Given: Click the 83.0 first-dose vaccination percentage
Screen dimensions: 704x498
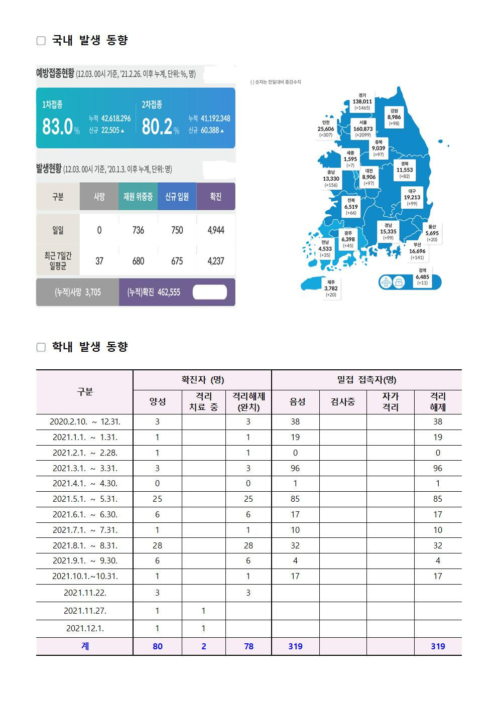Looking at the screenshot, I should click(x=58, y=127).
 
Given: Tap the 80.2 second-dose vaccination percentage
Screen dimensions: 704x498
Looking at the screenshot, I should click(x=157, y=127).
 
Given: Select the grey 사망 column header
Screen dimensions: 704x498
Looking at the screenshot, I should click(x=99, y=197).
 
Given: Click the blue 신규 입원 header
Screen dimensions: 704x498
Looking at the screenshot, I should click(x=177, y=197).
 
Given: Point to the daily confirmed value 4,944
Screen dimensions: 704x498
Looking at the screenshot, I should click(x=215, y=230).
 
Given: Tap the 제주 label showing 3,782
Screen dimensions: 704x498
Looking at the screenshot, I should click(x=331, y=289).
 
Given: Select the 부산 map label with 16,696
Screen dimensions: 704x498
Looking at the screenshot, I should click(x=417, y=251).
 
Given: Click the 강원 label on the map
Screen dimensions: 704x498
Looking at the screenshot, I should click(x=394, y=117).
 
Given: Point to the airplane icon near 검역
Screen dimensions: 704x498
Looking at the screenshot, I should click(x=386, y=282).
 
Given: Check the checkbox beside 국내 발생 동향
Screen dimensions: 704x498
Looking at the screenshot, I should click(x=41, y=41).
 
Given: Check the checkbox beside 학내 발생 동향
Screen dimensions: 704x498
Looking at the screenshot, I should click(x=41, y=347).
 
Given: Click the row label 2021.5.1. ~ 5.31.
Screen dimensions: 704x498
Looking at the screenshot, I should click(x=85, y=499).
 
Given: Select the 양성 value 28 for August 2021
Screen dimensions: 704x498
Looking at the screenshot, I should click(x=157, y=545).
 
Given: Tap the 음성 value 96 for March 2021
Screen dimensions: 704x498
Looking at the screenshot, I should click(x=295, y=468).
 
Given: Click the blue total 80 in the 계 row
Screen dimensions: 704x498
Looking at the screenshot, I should click(x=157, y=646).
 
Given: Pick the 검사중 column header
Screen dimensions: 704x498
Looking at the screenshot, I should click(x=343, y=402).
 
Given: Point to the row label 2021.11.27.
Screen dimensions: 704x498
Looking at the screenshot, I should click(x=85, y=611).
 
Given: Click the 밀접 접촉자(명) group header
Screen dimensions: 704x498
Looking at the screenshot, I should click(x=366, y=380).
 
